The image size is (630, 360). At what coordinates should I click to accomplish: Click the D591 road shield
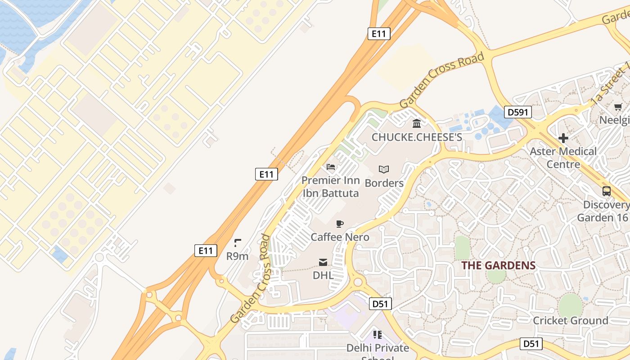pos(518,112)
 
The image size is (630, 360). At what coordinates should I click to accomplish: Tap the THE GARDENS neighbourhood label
pos(499,265)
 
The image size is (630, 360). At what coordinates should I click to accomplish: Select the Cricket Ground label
pos(570,320)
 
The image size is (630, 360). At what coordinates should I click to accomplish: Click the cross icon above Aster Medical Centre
pos(563,138)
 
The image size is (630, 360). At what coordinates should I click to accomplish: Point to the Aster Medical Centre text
pos(563,157)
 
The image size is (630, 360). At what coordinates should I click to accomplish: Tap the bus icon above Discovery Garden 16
pos(607,191)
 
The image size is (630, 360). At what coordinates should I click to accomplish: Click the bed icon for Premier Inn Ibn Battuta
pos(331,167)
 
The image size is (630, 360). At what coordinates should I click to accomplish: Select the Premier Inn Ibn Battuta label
pos(331,187)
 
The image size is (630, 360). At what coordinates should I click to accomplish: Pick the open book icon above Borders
pos(384,169)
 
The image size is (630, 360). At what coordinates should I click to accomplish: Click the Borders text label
pos(384,183)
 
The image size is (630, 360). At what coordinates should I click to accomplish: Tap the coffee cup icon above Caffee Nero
pos(340,224)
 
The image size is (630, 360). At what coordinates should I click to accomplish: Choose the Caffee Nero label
pos(340,237)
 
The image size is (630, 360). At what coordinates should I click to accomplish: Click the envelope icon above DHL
pos(323,262)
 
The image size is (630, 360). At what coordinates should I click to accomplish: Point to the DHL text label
pos(323,275)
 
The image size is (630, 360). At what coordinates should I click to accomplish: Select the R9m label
pos(237,256)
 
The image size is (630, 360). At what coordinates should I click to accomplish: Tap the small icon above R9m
pos(238,243)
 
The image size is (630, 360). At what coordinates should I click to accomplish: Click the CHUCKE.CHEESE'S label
pos(417,137)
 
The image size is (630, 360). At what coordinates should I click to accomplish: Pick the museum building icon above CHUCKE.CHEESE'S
pos(417,123)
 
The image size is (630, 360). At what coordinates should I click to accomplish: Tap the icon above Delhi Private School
pos(378,334)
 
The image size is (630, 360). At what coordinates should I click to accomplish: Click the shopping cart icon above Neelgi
pos(618,107)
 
